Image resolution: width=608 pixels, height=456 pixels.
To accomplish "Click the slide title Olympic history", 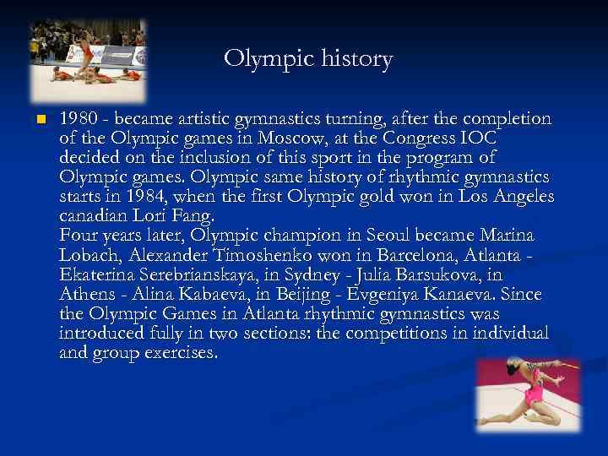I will point(308,60).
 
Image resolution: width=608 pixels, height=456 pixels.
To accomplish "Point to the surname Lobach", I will point(90,255).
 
